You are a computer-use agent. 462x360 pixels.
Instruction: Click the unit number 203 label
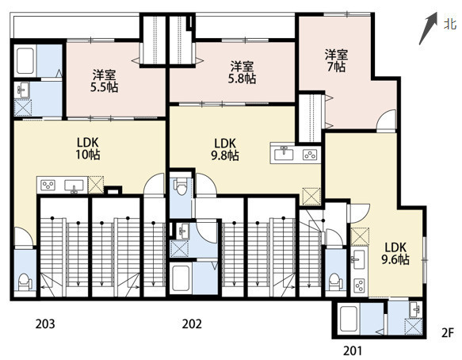[x=45, y=324]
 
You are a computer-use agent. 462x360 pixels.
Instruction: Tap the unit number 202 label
[x=192, y=324]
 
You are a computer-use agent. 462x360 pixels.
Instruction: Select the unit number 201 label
[x=353, y=350]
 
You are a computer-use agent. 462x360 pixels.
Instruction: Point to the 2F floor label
[x=448, y=333]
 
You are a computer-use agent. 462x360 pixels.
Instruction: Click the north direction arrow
[x=428, y=29]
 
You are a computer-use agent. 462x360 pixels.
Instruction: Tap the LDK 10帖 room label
[x=88, y=148]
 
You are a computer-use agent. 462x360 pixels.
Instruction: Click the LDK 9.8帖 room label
[x=225, y=149]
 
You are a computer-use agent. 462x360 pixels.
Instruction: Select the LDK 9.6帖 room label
[x=395, y=253]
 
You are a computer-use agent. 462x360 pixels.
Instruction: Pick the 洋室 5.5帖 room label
[x=105, y=81]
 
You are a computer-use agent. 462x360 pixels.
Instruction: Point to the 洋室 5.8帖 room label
[x=242, y=72]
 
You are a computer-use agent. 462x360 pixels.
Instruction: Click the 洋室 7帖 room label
[x=336, y=61]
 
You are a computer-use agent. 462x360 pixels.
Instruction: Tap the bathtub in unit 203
[x=25, y=61]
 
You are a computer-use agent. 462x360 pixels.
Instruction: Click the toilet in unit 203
[x=25, y=282]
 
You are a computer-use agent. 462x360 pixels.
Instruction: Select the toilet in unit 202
[x=181, y=186]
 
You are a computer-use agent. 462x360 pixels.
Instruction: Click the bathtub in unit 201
[x=348, y=320]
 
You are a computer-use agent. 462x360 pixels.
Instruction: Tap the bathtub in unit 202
[x=181, y=278]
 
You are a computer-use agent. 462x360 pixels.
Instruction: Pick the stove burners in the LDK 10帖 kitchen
[x=48, y=186]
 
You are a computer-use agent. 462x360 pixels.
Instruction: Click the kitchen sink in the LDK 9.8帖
[x=284, y=154]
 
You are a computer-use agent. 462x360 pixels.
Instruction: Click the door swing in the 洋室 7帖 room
[x=386, y=119]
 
